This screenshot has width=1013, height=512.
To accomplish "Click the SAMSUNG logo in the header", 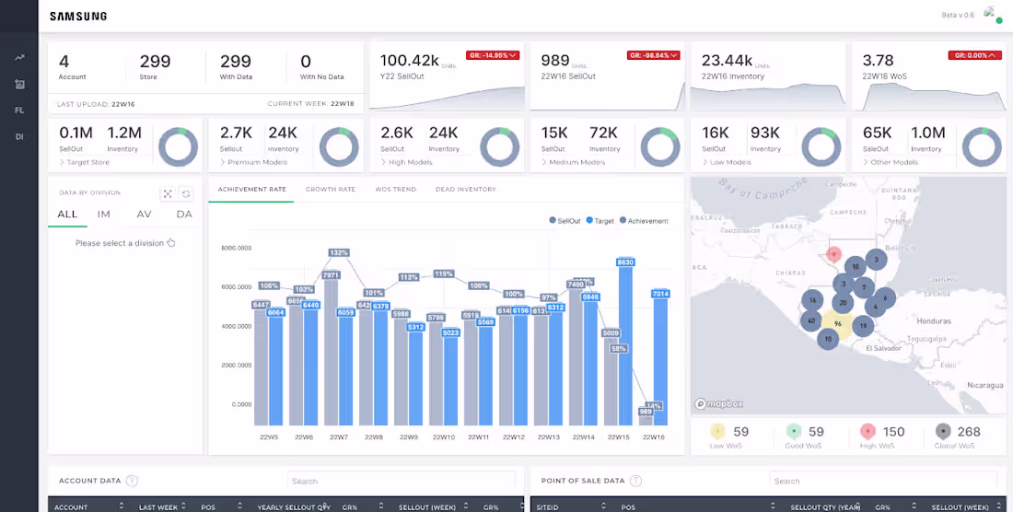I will (x=78, y=16).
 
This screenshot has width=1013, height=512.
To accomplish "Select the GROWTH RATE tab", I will (x=330, y=190).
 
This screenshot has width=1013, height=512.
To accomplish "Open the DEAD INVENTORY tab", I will (x=466, y=190).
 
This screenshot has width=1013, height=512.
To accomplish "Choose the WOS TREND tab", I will (x=395, y=190).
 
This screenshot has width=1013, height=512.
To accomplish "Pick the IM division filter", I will (x=104, y=214).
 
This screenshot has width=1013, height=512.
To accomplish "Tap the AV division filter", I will (x=144, y=214).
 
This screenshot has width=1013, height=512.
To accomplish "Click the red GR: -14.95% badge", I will (x=493, y=55).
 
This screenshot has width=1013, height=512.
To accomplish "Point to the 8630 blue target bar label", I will (x=625, y=262).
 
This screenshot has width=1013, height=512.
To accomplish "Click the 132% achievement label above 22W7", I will (x=339, y=252).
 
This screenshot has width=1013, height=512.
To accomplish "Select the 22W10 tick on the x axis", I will (x=443, y=437).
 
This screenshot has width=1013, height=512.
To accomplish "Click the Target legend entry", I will (x=601, y=221).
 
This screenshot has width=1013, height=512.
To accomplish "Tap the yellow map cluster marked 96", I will (x=837, y=324).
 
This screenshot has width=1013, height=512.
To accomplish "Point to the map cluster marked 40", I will (x=810, y=320).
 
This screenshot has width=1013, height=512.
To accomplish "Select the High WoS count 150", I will (x=893, y=431).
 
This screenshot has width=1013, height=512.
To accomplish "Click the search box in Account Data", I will (x=401, y=481).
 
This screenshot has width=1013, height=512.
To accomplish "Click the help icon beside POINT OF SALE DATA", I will (x=636, y=481).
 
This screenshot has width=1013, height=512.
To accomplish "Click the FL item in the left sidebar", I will (x=19, y=111).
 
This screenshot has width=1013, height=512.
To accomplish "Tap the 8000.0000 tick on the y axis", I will (x=237, y=248).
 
